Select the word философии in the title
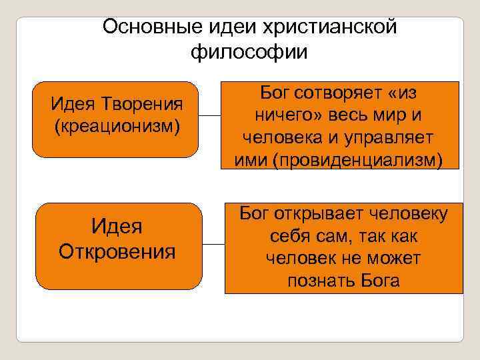pyautogui.click(x=249, y=51)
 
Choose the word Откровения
pyautogui.click(x=117, y=252)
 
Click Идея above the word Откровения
pyautogui.click(x=117, y=227)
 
